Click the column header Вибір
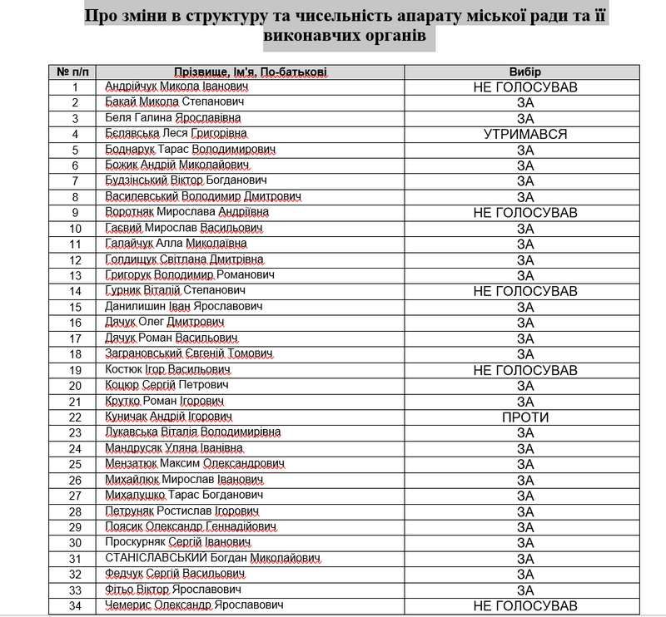click(x=524, y=72)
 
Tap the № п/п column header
click(x=75, y=72)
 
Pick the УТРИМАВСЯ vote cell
click(x=524, y=134)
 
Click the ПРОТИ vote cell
click(x=524, y=417)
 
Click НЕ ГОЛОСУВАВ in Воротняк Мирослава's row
click(x=524, y=213)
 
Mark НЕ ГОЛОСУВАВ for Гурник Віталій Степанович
click(x=524, y=291)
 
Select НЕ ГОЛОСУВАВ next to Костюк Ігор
click(x=524, y=370)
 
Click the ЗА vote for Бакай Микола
click(x=524, y=102)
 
